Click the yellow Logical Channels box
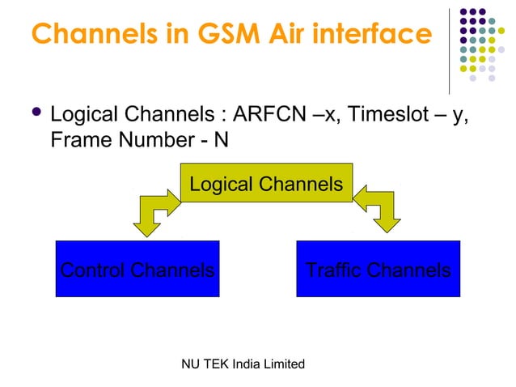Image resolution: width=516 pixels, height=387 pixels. tap(266, 185)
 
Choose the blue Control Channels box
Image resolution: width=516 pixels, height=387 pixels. tap(137, 269)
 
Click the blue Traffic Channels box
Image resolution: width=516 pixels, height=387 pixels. tap(379, 269)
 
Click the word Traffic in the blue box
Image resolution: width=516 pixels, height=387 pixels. tap(336, 270)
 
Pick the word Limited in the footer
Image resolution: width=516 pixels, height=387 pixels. tap(285, 364)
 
